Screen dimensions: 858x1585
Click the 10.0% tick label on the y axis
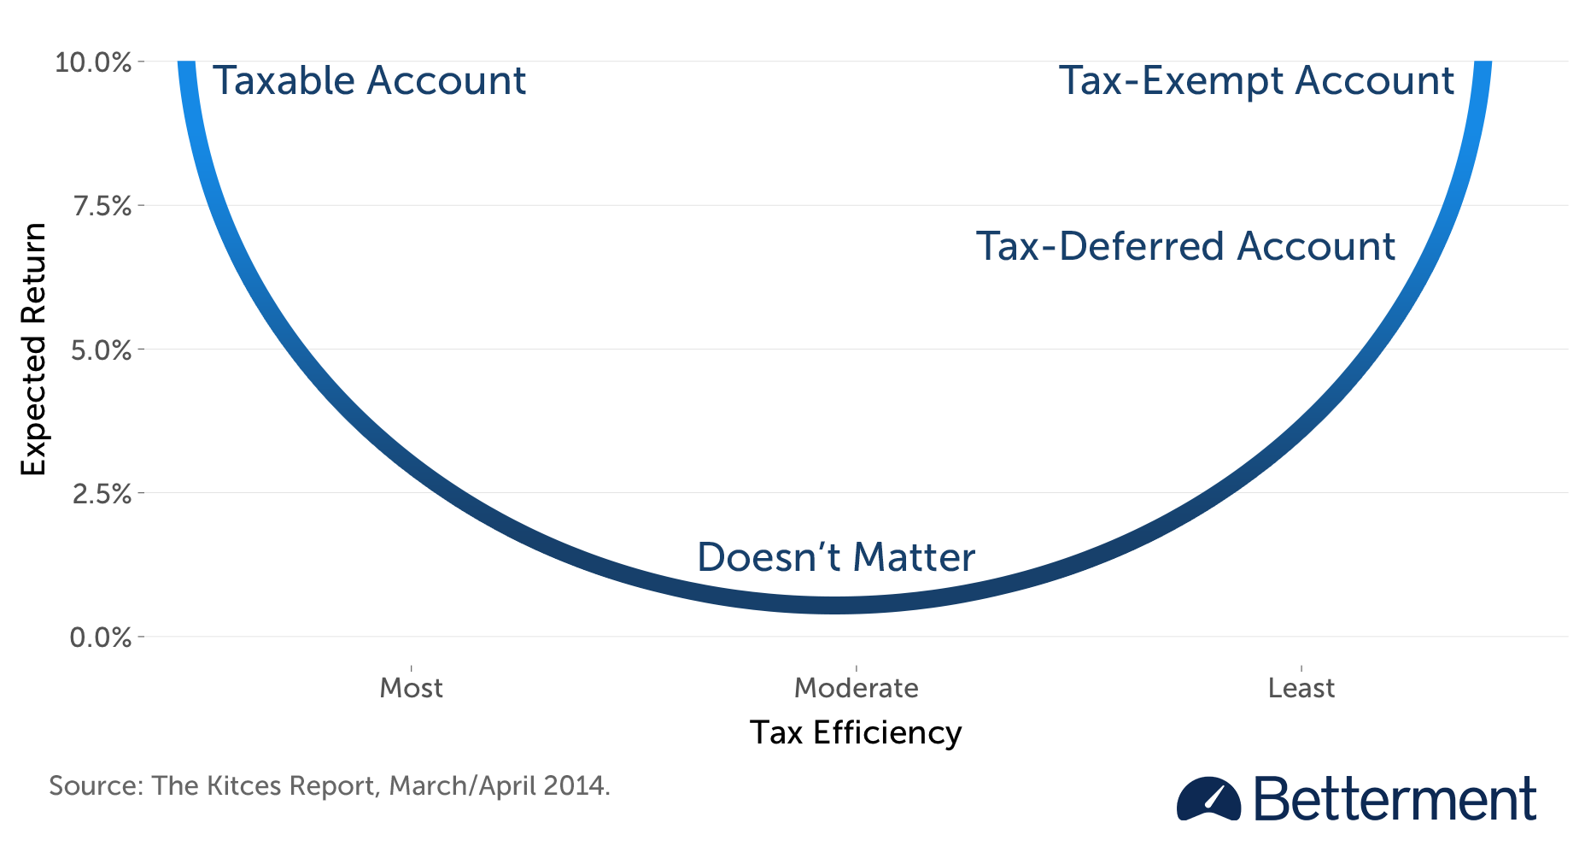pyautogui.click(x=93, y=62)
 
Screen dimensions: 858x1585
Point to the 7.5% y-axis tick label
pyautogui.click(x=102, y=206)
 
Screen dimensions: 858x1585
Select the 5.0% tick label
pyautogui.click(x=102, y=350)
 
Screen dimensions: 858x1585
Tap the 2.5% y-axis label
pyautogui.click(x=102, y=494)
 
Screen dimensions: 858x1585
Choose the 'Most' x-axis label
pyautogui.click(x=412, y=688)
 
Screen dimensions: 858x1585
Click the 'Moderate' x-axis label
pyautogui.click(x=856, y=688)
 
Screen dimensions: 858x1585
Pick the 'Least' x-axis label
pyautogui.click(x=1301, y=688)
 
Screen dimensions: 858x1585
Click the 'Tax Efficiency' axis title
pyautogui.click(x=856, y=733)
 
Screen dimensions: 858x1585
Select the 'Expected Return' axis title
pyautogui.click(x=33, y=350)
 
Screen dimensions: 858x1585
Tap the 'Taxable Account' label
pyautogui.click(x=369, y=81)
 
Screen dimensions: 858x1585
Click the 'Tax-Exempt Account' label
pyautogui.click(x=1256, y=81)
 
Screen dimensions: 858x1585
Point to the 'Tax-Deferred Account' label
pyautogui.click(x=1185, y=246)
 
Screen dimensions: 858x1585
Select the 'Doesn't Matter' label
pyautogui.click(x=836, y=557)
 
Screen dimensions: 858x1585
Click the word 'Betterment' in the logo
pyautogui.click(x=1395, y=800)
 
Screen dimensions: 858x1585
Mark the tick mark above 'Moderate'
pyautogui.click(x=856, y=668)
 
